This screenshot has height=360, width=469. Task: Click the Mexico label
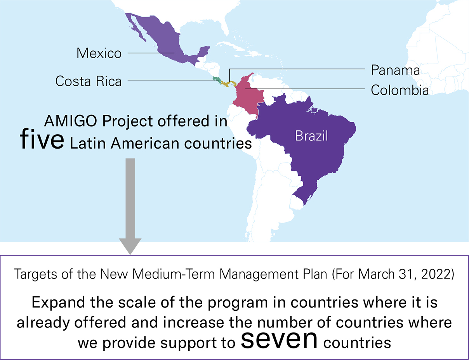coord(99,53)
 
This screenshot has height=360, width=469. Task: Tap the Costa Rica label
coord(88,81)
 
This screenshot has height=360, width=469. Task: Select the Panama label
coord(395,70)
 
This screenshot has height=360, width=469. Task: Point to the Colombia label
coord(400,90)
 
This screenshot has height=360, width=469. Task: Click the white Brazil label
coord(311,136)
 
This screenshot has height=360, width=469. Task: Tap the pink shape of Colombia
coord(247,95)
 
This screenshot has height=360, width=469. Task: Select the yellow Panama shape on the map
coord(231,83)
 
